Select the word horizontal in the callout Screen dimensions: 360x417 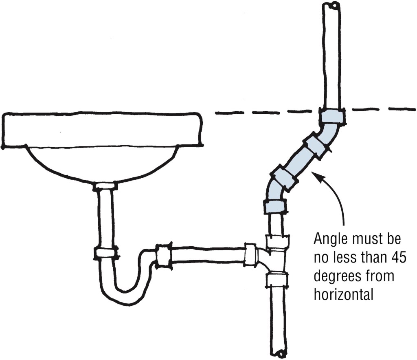343,294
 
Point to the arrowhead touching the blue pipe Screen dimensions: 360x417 316,175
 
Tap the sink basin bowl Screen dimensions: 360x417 102,163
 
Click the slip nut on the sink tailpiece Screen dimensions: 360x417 106,253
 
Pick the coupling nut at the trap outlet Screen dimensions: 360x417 163,256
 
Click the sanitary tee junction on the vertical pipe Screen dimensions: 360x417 277,261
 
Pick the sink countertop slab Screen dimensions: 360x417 102,129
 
